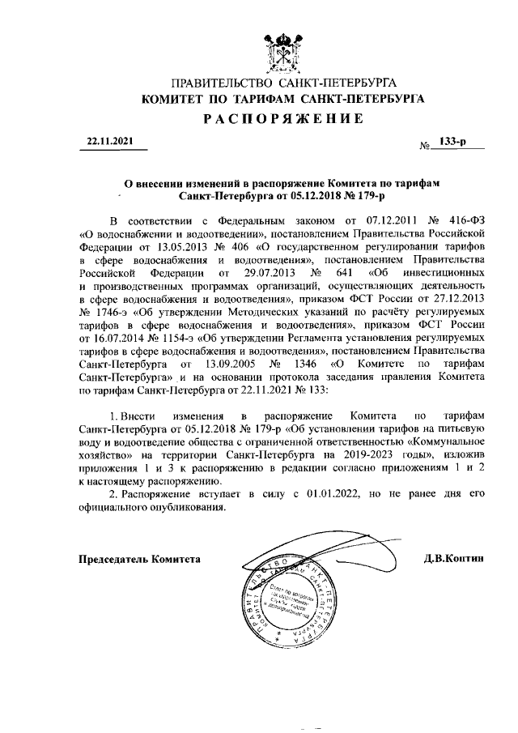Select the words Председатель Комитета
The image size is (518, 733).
coord(138,559)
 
